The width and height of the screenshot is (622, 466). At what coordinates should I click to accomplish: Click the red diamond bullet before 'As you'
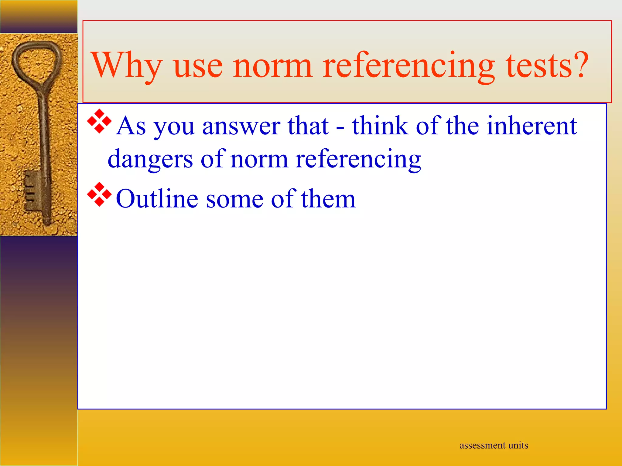coord(99,121)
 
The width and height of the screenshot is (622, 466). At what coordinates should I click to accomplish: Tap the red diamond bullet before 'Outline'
coord(99,194)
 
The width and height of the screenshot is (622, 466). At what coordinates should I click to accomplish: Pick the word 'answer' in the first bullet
coord(241,126)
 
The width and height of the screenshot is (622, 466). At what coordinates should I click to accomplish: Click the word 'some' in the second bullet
coord(234,199)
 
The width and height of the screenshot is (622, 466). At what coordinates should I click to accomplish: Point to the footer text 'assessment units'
coord(494,445)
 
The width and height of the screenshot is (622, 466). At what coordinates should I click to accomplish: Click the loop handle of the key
coord(36,61)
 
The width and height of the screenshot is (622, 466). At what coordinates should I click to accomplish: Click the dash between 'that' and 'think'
coord(340,127)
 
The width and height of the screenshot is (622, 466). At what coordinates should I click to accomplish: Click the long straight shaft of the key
coord(44,137)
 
